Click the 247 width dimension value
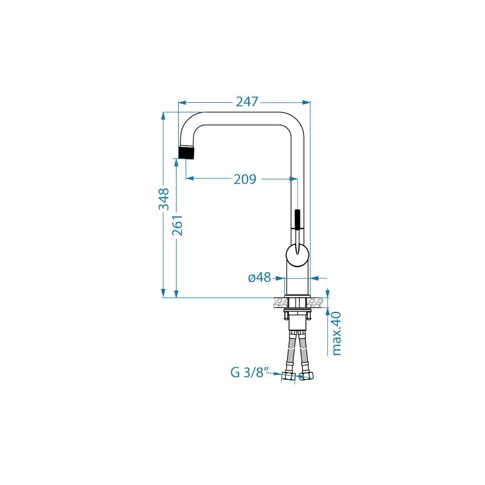coord(247,102)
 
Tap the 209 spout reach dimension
coord(245,179)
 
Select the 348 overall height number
coord(164,199)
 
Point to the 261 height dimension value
coord(178,225)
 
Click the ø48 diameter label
coord(259,278)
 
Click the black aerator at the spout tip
coord(187,152)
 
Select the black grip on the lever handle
coord(298,219)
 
